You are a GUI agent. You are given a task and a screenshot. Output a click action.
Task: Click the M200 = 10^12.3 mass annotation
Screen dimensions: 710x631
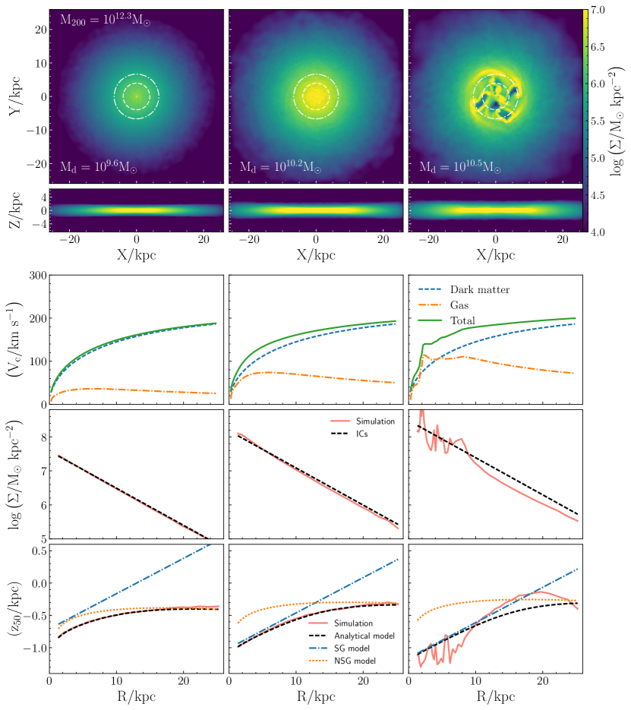(106, 21)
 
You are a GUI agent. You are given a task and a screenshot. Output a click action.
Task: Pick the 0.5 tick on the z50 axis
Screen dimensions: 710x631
(33, 550)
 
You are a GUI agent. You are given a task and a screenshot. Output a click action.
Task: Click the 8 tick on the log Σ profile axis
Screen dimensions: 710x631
(39, 437)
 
